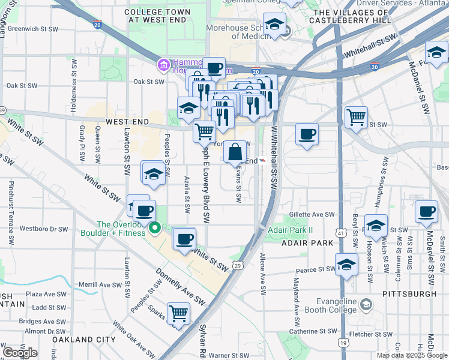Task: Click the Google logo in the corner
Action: (x=20, y=352)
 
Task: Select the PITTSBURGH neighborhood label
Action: (x=409, y=294)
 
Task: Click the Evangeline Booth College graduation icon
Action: (x=365, y=306)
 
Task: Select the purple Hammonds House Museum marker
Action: (x=163, y=64)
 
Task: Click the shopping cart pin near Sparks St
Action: (x=178, y=313)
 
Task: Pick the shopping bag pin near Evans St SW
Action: (x=236, y=151)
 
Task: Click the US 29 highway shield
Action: (x=238, y=265)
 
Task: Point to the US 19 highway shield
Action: (x=342, y=343)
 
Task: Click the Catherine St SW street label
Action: (x=313, y=331)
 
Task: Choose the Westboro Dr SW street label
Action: (x=44, y=229)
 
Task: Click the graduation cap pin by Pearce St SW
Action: (x=346, y=265)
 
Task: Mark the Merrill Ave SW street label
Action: (x=95, y=284)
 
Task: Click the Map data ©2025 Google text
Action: (x=412, y=355)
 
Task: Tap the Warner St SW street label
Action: (x=228, y=355)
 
